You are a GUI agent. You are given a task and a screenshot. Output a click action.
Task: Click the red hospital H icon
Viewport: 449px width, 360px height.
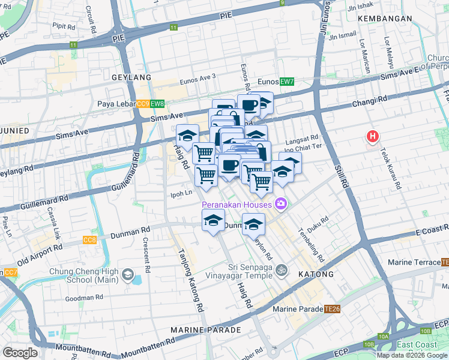373,137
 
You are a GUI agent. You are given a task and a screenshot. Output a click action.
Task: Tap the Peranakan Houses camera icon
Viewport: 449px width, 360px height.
280,204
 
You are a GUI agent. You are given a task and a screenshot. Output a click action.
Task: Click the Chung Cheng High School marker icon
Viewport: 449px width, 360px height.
127,275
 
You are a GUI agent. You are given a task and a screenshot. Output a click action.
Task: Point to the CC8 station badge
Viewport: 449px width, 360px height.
89,241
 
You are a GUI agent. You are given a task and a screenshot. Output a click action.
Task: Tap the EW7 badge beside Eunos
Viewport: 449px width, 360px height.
287,82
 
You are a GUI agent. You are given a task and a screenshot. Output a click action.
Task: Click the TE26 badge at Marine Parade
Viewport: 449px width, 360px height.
332,309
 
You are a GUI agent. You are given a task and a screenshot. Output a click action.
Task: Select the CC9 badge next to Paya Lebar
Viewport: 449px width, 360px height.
143,104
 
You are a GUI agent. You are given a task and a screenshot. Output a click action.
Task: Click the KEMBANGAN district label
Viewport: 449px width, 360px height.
385,19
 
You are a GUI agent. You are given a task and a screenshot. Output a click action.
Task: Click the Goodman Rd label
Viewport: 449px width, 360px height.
85,297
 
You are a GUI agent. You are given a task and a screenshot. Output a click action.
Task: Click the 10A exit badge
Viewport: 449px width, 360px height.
385,337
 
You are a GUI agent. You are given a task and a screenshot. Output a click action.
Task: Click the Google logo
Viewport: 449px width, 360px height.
20,353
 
